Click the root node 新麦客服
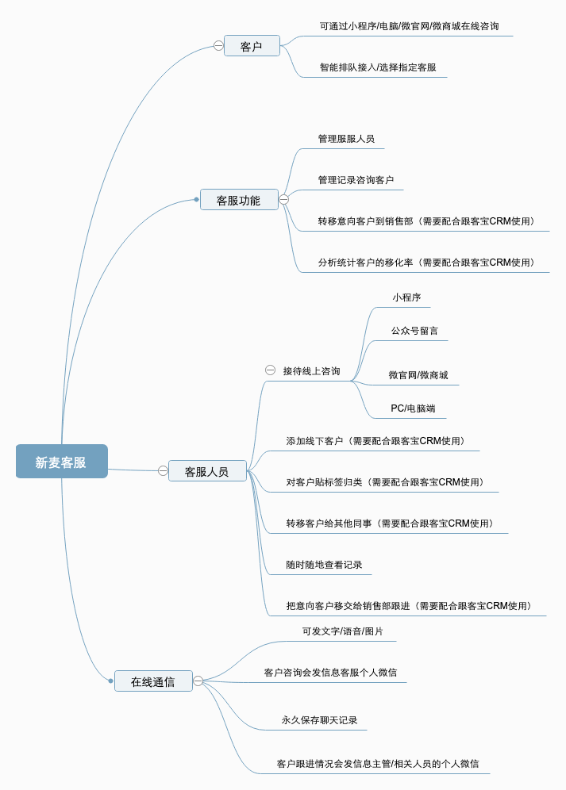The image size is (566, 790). click(x=61, y=462)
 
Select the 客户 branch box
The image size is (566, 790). click(x=252, y=46)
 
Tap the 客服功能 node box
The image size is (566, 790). click(x=238, y=200)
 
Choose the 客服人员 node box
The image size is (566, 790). click(x=206, y=471)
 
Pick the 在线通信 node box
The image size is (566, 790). click(x=153, y=681)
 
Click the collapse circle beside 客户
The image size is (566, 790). click(x=218, y=46)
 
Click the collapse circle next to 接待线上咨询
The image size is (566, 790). click(x=270, y=370)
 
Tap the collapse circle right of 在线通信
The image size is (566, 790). click(x=198, y=681)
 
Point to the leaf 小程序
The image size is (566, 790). click(x=406, y=297)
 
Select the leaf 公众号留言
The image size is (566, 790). click(x=414, y=331)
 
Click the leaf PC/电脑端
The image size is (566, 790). click(x=413, y=408)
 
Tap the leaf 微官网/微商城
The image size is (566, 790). click(x=418, y=375)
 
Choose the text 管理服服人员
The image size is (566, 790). click(x=346, y=139)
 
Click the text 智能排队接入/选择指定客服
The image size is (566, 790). click(x=378, y=67)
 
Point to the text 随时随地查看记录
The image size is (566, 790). click(x=324, y=565)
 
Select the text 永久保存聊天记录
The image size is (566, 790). click(x=319, y=720)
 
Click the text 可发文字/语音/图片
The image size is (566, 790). click(x=342, y=631)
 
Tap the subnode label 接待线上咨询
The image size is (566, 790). click(x=311, y=371)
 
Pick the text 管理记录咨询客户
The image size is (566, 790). click(x=356, y=180)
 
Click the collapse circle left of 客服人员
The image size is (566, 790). click(x=163, y=470)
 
